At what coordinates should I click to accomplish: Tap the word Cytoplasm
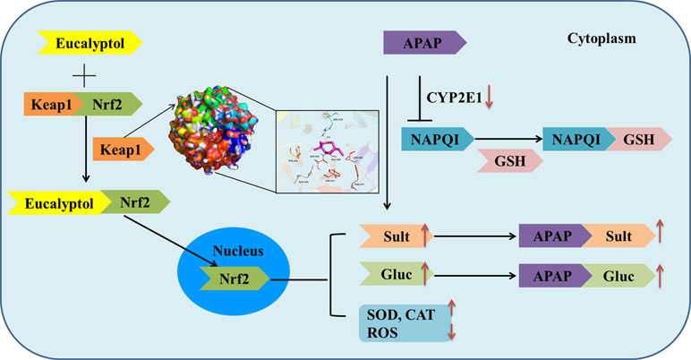click(601, 40)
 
